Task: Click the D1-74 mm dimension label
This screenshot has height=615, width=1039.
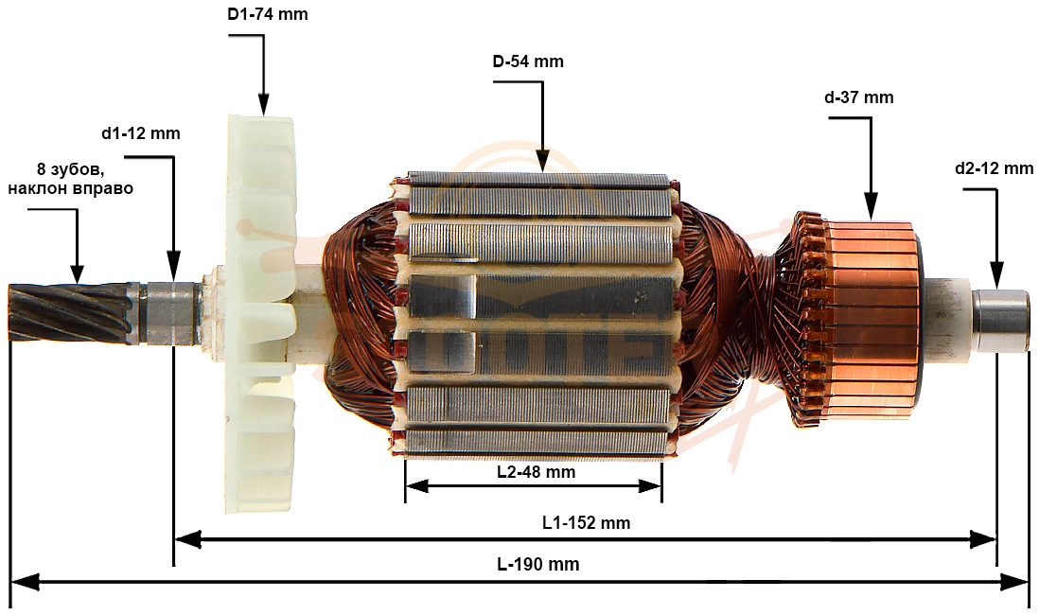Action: tap(268, 14)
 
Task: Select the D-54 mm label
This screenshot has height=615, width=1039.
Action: tap(528, 61)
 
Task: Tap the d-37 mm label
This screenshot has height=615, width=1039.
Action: tap(859, 97)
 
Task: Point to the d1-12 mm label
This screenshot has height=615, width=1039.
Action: tap(140, 133)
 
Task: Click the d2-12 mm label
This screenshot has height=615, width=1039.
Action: tap(994, 168)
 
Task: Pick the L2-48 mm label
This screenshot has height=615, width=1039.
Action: tap(537, 472)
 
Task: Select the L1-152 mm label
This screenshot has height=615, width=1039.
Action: tap(586, 522)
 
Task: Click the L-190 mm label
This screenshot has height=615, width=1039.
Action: tap(538, 564)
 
